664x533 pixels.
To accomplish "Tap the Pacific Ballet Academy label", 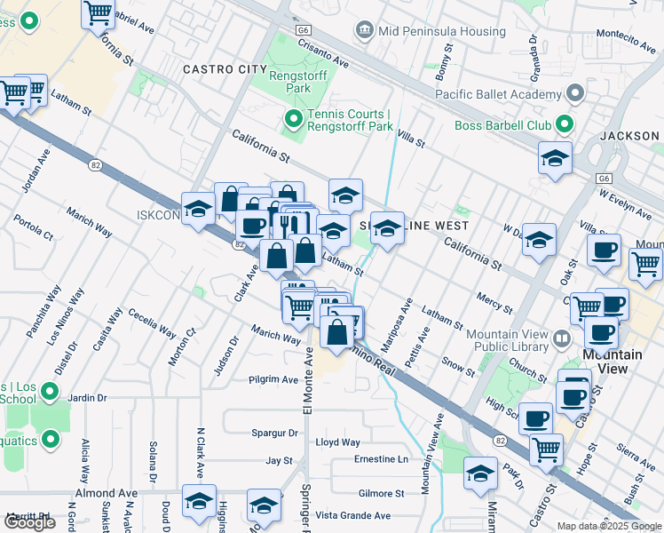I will point(500,93).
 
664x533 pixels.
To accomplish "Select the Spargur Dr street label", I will point(274,434).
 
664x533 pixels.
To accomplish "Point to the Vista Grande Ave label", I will point(353,515).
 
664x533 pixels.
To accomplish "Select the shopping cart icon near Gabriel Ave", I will point(98,14).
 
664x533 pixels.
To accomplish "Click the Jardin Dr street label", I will point(87,398).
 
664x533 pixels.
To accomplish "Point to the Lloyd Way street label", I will point(338,442).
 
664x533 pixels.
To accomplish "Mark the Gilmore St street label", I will point(381,493).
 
